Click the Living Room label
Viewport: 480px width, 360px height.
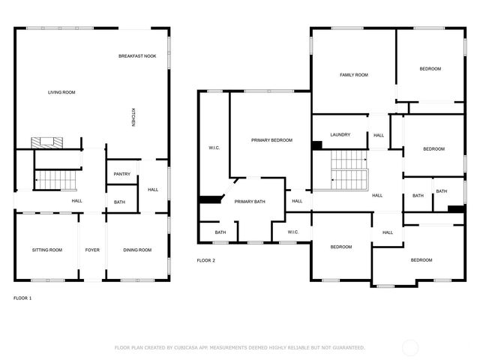tap(61, 92)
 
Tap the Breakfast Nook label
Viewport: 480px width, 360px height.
tap(136, 57)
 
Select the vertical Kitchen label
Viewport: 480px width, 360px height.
tap(133, 118)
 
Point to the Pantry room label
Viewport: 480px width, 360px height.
tap(121, 175)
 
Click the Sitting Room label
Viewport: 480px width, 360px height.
tap(46, 250)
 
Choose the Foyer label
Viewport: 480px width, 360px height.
tap(92, 250)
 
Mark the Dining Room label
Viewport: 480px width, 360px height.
tap(137, 250)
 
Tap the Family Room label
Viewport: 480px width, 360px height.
tap(353, 75)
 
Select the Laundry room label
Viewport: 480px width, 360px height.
tap(340, 135)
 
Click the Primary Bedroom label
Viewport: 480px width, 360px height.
tap(271, 140)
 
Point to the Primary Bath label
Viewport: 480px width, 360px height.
tap(250, 202)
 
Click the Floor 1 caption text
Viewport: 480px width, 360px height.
tap(22, 298)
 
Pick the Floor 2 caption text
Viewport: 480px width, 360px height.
tap(205, 260)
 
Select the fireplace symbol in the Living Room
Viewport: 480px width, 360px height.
tap(49, 142)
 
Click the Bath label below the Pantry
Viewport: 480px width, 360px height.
tap(120, 202)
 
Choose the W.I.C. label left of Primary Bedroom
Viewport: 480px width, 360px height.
tap(214, 148)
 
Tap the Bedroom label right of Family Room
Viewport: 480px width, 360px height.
tap(430, 69)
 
